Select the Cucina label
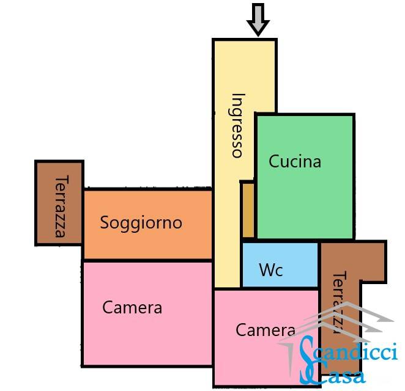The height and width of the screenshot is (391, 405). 295,162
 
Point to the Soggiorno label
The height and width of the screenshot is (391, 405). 141,222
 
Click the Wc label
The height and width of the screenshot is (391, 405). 271,269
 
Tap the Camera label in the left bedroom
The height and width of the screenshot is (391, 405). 132,307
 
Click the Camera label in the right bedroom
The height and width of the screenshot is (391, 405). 266,330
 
